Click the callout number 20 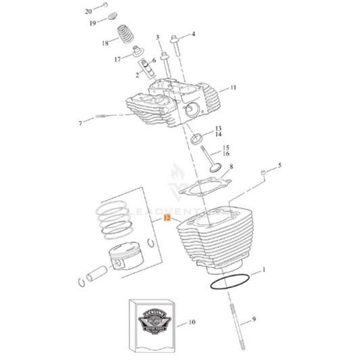[88, 11]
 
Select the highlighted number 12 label [167, 219]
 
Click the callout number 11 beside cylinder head [233, 88]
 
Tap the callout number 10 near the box [191, 322]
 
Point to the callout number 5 [281, 164]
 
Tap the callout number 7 [80, 124]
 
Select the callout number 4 [192, 34]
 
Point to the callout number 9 [254, 319]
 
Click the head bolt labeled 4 [176, 45]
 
